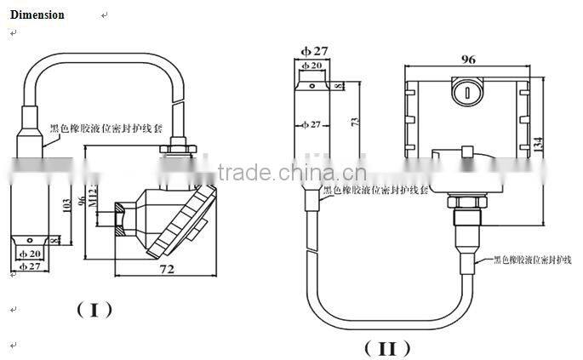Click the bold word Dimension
37,15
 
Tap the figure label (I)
95,309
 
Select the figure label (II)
387,348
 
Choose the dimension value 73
355,122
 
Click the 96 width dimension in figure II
467,60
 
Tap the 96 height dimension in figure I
83,202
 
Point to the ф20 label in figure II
311,66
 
